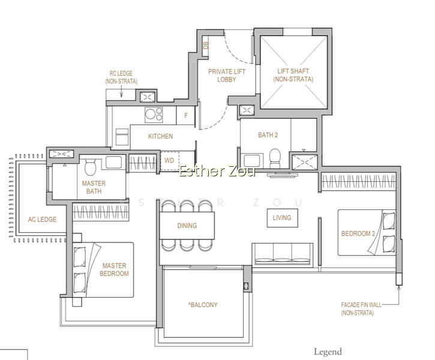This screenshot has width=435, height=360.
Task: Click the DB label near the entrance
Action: [206, 45]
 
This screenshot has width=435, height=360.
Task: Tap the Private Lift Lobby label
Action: [227, 76]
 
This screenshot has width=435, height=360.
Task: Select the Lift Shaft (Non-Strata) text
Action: [293, 75]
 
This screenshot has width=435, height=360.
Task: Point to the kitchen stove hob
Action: [154, 115]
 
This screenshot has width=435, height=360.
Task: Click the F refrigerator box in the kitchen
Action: [186, 115]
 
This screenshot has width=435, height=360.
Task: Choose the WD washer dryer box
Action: [169, 161]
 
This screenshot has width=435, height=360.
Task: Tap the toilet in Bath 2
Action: [275, 158]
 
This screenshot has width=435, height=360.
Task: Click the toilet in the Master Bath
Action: [90, 167]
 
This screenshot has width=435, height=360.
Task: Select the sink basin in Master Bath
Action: [114, 162]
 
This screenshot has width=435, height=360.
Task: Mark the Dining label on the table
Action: [187, 226]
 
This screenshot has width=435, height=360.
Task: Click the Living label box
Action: [282, 218]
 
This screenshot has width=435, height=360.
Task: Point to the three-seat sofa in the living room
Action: [283, 254]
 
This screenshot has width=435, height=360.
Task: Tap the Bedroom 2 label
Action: [358, 233]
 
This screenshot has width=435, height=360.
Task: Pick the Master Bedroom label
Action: [114, 269]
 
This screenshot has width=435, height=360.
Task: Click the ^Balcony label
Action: [203, 305]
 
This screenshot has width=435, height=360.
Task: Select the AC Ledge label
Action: [42, 220]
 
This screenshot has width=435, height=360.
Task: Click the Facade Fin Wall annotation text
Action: [361, 308]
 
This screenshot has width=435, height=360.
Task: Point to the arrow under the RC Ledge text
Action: [121, 91]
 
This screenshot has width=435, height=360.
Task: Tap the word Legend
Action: [328, 352]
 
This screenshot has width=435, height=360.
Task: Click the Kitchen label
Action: [160, 136]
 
